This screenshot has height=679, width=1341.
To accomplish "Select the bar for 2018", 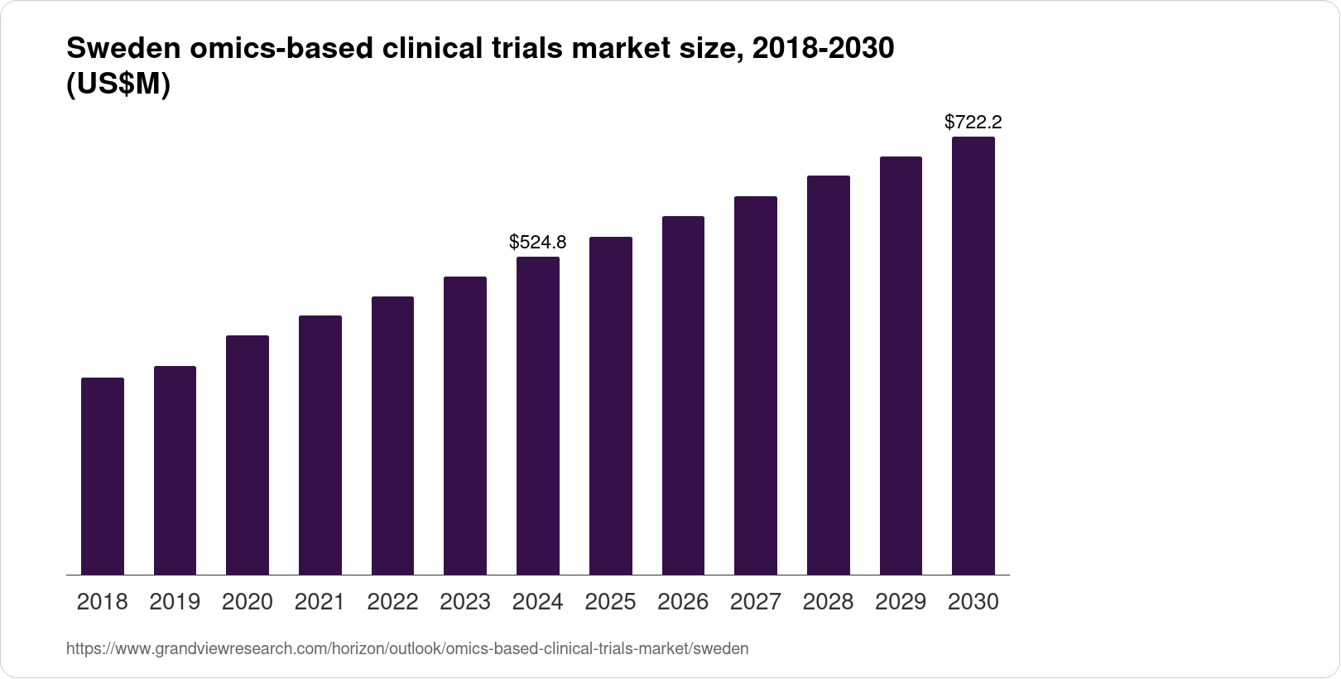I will point(103,476).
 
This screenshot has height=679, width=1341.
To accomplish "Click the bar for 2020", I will point(248,455).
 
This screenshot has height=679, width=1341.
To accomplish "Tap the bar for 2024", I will point(538,416).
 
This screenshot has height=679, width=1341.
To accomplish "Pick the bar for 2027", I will point(756,386).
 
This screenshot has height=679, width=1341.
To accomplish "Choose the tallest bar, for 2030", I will point(973,356).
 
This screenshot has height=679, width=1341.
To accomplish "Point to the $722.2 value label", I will point(973,123).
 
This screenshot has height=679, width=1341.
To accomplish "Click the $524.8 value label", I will point(538,242).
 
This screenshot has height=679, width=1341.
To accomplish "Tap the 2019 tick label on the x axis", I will point(175,602).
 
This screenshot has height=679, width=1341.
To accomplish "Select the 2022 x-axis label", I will point(392,602).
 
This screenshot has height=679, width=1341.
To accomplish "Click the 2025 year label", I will point(610,602).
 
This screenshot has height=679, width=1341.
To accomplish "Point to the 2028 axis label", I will point(828,602).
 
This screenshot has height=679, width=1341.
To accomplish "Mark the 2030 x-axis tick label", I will point(973,602).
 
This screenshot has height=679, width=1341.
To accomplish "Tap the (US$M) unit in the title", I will point(118,85).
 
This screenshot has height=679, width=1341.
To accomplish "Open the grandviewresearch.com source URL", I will point(407,649).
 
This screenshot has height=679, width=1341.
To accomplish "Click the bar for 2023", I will point(465,426).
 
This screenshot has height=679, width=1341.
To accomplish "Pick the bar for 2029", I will point(901,366).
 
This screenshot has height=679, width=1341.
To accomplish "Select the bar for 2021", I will point(320,445).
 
